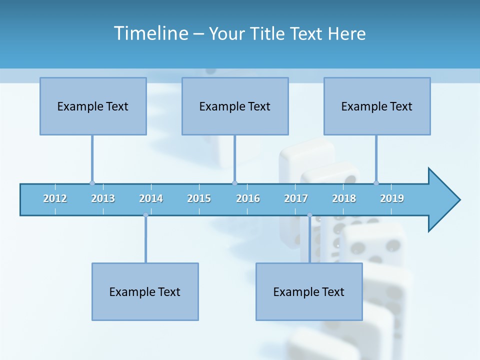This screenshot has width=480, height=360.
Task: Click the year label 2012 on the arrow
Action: pos(55,198)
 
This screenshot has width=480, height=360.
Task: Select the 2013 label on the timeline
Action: pos(103,198)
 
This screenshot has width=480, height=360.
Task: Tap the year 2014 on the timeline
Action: pos(151,198)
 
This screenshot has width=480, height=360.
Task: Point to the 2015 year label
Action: pos(199,198)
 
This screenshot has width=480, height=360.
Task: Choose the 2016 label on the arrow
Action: pos(248,198)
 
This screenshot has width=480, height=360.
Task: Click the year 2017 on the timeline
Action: pos(296,198)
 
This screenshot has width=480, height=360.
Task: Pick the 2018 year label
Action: pos(344,198)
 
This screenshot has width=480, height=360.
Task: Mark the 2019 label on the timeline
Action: pos(392,198)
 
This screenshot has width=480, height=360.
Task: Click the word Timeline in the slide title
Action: pos(150,33)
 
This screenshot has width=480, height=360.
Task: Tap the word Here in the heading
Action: pos(346,33)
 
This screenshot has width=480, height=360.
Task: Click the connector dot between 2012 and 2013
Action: pos(92,183)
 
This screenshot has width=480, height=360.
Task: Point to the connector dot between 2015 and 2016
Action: pos(234,183)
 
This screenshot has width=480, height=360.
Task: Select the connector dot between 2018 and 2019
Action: pos(376,183)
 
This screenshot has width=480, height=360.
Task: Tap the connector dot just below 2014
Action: pos(145,215)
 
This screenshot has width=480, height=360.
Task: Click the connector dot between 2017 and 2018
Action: pos(309,215)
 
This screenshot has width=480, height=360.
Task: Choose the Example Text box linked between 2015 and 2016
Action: pos(235,106)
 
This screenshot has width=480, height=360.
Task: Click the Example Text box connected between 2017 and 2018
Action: pos(309,291)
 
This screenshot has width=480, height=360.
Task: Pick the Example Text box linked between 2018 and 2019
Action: pos(377,106)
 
